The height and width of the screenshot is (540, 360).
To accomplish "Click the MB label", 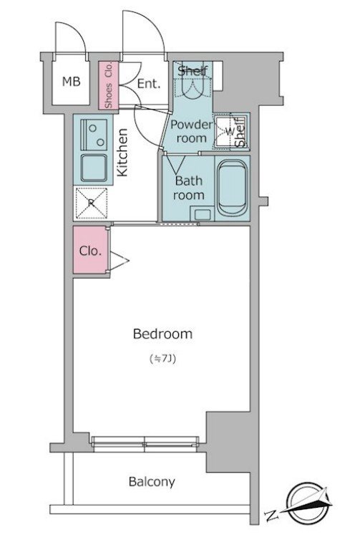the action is coord(72,82).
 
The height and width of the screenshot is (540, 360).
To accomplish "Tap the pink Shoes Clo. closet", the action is coord(108,85).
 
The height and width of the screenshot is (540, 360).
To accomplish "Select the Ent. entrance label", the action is coord(149,84).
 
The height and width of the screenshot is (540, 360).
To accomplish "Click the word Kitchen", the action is coord(122,153).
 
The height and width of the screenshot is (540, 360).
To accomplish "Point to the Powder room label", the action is coord(191,131).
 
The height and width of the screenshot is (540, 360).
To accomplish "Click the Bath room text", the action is coord(189,188).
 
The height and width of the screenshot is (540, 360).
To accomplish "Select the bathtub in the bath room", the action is coord(232,188).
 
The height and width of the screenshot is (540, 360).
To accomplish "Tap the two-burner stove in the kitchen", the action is coord(94,135).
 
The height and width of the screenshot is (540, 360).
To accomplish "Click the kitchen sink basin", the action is coord(94,168).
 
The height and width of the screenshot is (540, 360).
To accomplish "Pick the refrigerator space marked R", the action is coord(91,203).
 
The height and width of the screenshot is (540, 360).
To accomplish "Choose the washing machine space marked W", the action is coord(229,131).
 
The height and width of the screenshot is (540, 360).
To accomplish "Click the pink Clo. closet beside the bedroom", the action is coord(90,250).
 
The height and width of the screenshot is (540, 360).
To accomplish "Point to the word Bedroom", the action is coord(162,334).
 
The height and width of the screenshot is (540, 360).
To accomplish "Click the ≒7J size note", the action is coord(163,360).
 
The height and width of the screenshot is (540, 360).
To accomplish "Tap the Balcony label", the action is coord(152,481).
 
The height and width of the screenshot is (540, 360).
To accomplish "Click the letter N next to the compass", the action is coord(271,515).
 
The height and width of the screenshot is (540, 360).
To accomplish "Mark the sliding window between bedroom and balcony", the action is coord(145,444).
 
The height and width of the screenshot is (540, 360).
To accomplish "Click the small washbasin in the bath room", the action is coord(203,214).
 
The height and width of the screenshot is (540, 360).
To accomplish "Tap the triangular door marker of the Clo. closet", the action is coord(120,261).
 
